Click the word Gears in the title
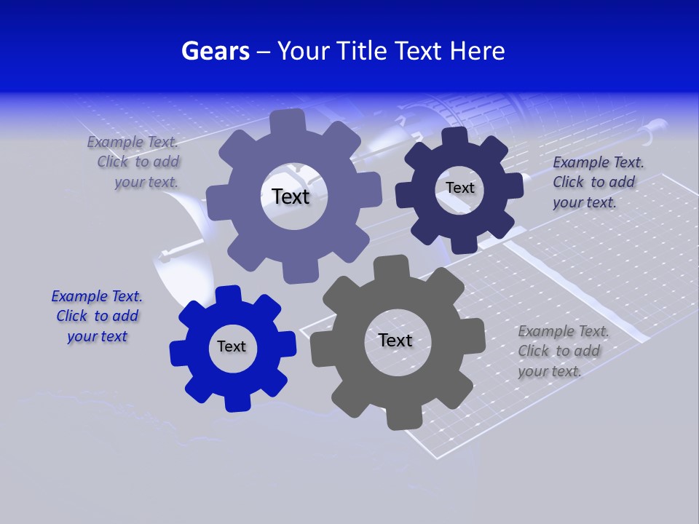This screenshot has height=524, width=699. pyautogui.click(x=215, y=51)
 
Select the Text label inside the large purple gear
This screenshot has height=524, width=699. pyautogui.click(x=291, y=196)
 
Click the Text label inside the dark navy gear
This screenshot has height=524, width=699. pyautogui.click(x=459, y=188)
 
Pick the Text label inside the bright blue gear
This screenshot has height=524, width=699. pyautogui.click(x=232, y=346)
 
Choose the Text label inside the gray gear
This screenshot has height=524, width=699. pyautogui.click(x=395, y=340)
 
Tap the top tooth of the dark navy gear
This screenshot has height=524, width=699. pyautogui.click(x=455, y=137)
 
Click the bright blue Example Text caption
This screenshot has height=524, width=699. pyautogui.click(x=97, y=317)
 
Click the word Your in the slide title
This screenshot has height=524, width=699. pyautogui.click(x=304, y=51)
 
